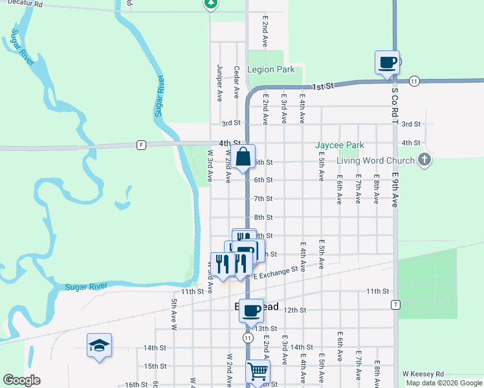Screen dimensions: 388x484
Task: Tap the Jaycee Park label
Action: (340, 145)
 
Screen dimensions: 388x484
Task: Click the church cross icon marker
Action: (424, 160)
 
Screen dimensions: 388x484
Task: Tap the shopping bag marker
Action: (243, 157)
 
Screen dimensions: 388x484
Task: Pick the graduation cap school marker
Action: (99, 346)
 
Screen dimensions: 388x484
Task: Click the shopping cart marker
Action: (257, 372)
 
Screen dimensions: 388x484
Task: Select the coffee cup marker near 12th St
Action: (251, 310)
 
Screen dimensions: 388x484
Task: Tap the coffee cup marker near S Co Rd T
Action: (387, 63)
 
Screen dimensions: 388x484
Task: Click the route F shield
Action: (140, 145)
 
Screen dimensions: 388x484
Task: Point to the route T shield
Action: (394, 304)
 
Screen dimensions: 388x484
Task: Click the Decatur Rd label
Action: (21, 4)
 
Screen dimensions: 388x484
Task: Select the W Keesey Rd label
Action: (423, 374)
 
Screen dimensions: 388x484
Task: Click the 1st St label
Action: (322, 86)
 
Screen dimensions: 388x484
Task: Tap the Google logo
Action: (21, 380)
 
